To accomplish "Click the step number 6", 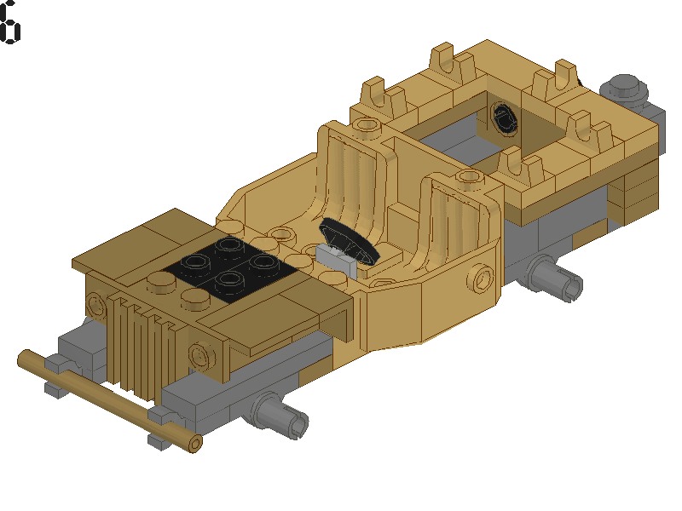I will [x=9, y=23].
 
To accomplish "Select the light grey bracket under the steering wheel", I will [x=335, y=258].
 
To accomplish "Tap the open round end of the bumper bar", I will [x=195, y=443].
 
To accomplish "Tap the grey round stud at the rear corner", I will [x=624, y=87].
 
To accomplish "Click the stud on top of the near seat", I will [x=468, y=177].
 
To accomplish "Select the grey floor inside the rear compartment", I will [x=452, y=141].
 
